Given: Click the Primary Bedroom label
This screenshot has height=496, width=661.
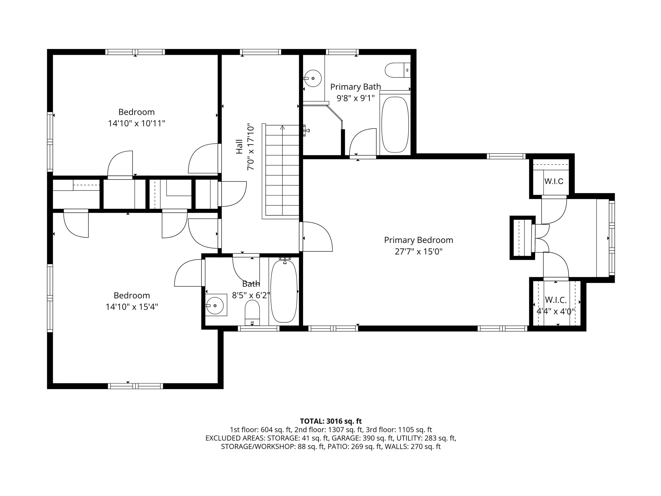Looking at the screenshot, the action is click(x=418, y=240).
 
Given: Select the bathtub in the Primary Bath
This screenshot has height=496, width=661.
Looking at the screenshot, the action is click(x=395, y=124).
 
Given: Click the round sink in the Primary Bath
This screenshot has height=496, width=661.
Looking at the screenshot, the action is click(x=313, y=78).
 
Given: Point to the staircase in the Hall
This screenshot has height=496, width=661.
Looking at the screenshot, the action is click(x=281, y=172).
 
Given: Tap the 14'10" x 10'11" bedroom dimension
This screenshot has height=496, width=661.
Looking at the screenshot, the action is click(x=137, y=124).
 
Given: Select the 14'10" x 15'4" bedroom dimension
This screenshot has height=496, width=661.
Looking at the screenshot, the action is click(x=132, y=307).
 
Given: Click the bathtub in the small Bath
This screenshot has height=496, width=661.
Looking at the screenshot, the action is click(x=284, y=291).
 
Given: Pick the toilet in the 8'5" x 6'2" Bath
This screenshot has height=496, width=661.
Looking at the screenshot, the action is click(x=252, y=312).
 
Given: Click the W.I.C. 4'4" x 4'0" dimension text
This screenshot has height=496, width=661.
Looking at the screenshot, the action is click(x=556, y=312).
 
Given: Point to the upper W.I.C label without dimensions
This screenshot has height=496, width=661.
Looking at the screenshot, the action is click(x=554, y=181).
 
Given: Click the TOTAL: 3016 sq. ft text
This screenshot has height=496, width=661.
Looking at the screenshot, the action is click(x=331, y=421).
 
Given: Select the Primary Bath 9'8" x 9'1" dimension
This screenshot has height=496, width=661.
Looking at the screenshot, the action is click(x=356, y=98).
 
